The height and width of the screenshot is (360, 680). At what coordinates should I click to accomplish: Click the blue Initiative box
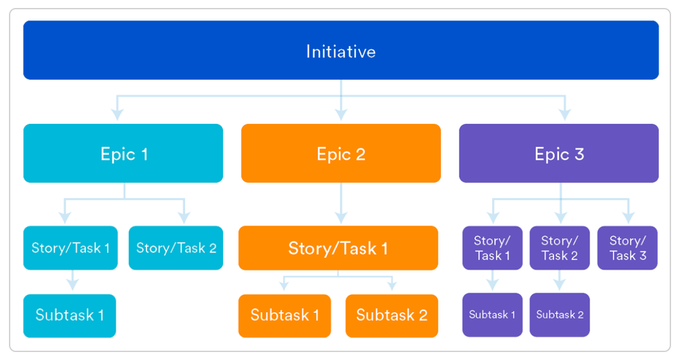tap(340, 50)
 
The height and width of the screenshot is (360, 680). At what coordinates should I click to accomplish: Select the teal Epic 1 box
tap(123, 153)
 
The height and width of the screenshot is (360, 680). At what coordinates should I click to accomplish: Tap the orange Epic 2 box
tap(340, 153)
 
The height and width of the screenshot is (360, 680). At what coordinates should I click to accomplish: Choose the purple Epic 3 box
tap(558, 153)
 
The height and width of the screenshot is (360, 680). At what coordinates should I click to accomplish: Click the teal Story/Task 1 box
tap(70, 248)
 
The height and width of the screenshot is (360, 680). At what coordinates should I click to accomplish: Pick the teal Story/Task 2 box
tap(176, 248)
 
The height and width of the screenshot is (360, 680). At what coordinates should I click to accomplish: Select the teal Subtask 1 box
tap(69, 315)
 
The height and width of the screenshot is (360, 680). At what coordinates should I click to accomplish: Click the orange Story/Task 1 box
tap(338, 248)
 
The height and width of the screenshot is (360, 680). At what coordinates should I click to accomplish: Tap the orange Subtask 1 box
tap(285, 315)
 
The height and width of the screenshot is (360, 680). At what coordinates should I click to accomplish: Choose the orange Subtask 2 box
tap(391, 315)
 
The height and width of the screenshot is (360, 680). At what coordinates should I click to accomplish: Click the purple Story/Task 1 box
tap(492, 248)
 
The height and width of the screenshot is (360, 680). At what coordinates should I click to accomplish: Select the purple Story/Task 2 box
tap(560, 248)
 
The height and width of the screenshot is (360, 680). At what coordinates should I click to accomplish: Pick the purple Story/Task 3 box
tap(627, 248)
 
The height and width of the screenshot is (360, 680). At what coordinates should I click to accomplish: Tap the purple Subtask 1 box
tap(492, 314)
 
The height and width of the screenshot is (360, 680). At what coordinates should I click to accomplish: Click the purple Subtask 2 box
tap(560, 314)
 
